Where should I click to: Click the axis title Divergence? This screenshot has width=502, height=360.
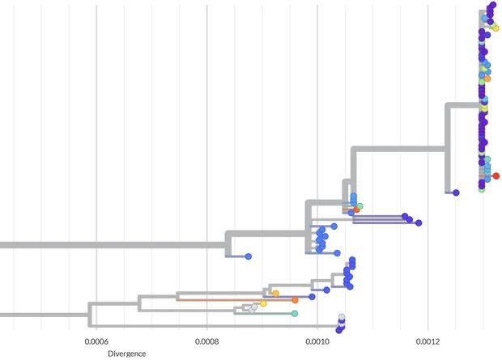(127, 354)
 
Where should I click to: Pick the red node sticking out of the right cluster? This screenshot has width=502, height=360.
(496, 176)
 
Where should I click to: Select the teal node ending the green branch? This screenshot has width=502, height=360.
(295, 313)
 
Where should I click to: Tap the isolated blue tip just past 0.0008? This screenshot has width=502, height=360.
(249, 256)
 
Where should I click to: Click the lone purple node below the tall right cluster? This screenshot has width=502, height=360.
(456, 193)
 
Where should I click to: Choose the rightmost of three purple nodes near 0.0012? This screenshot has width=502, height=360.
(419, 222)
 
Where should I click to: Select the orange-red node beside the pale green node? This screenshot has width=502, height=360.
(356, 210)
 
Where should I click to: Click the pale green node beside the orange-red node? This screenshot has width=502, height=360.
(360, 206)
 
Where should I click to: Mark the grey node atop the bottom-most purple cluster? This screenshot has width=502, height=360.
(342, 317)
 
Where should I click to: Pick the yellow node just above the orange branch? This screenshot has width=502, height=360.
(275, 293)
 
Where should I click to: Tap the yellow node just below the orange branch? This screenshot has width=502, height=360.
(263, 303)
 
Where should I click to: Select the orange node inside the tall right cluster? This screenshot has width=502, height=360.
(487, 78)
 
